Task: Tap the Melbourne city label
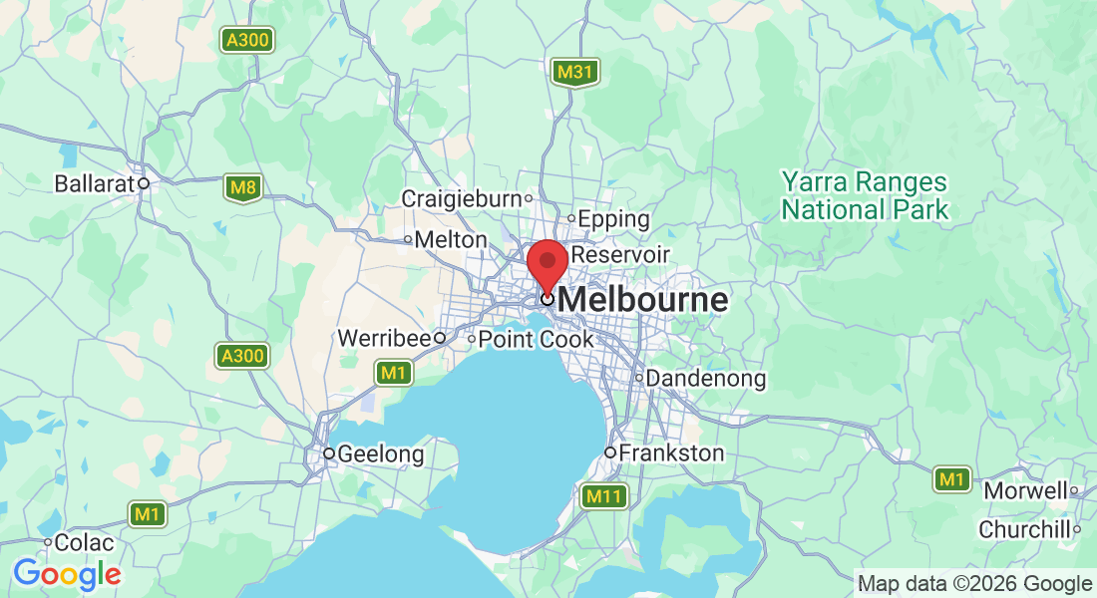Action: coord(643,300)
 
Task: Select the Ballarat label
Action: coord(95,184)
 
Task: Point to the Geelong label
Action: coord(380,454)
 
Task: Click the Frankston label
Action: coord(671,453)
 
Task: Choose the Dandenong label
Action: coord(706,379)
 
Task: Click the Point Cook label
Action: coord(536,339)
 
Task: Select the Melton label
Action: coord(450,240)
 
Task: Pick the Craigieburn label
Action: coord(461,199)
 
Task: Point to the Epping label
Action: coord(613,218)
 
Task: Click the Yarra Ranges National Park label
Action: coord(865,196)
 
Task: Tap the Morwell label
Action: coord(1025,491)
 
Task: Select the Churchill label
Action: coord(1024,530)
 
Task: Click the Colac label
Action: coord(84,543)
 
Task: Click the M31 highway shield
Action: coord(575,72)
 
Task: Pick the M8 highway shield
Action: coord(242,187)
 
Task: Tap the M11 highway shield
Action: coord(604,496)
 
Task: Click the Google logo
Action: coord(67,574)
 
